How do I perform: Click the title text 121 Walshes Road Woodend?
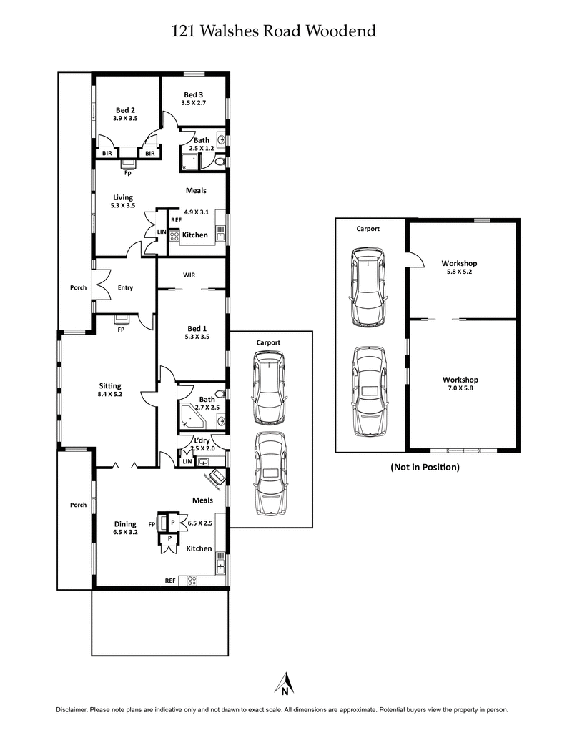pos(274,31)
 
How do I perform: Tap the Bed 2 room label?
pos(125,110)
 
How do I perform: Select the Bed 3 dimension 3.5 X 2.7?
pos(194,103)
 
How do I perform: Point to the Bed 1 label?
pos(195,327)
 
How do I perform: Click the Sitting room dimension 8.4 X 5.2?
pos(110,394)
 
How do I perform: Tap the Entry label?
pos(125,288)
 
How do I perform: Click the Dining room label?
pos(124,524)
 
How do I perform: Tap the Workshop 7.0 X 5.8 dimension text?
pos(460,388)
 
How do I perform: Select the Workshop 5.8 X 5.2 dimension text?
pos(459,272)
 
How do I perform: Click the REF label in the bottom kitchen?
pos(170,581)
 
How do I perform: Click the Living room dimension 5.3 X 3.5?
pos(123,206)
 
